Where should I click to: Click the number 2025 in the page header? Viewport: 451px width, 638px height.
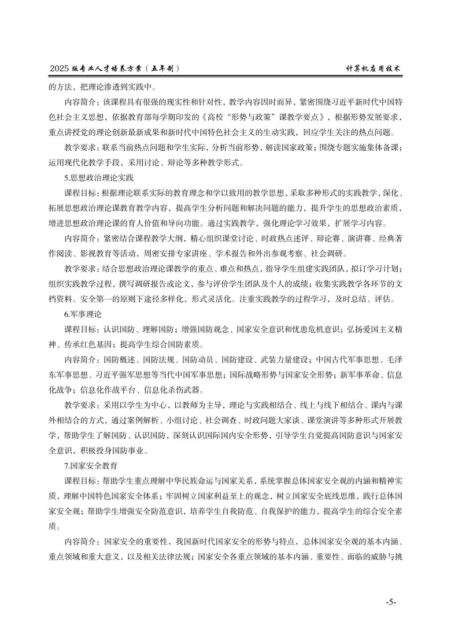[60, 69]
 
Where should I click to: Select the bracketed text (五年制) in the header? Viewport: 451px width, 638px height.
[164, 69]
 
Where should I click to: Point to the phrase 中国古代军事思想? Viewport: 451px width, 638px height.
[347, 360]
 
